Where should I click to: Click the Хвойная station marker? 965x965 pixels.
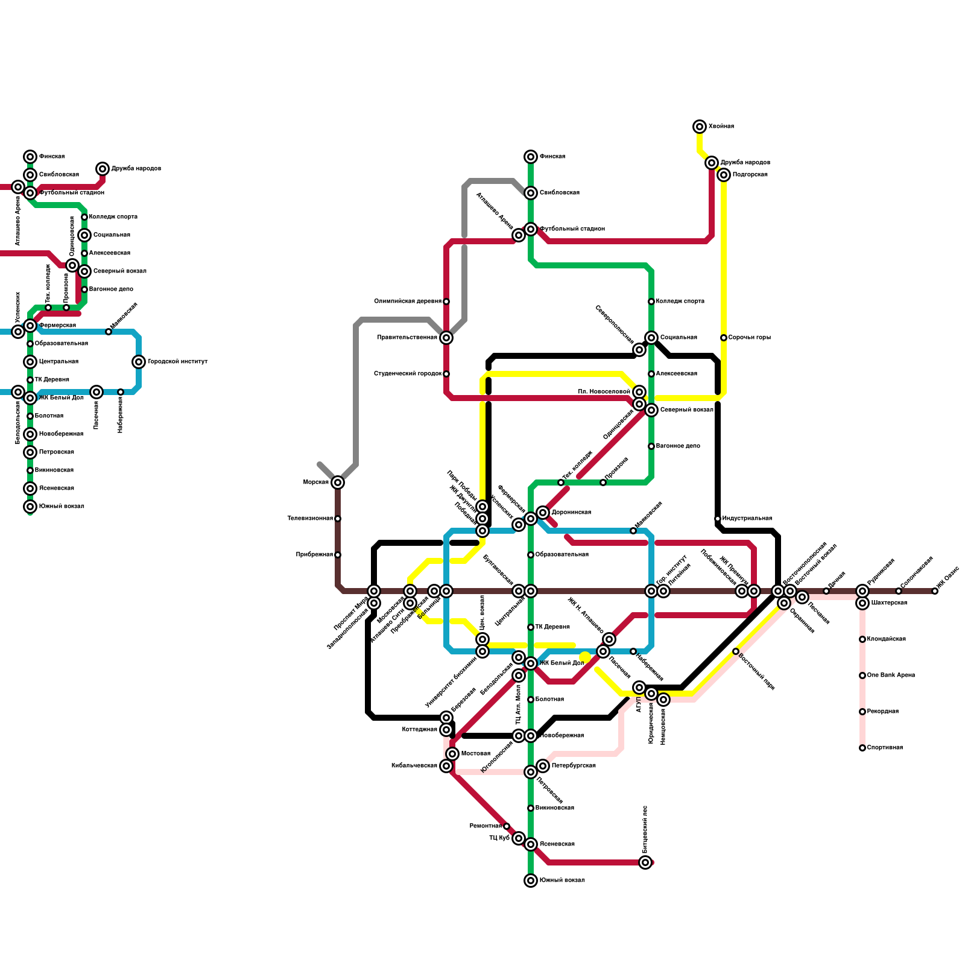pos(700,127)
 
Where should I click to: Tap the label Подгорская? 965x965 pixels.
pos(750,175)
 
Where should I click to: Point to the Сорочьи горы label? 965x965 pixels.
pos(749,338)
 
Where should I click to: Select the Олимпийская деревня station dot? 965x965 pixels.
pos(446,302)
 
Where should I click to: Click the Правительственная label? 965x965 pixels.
pos(407,338)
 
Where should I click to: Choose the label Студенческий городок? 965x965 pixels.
pos(408,374)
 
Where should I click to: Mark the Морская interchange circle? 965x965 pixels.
pos(338,482)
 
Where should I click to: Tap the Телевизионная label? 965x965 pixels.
pos(310,519)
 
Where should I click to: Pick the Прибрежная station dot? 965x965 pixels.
pos(338,555)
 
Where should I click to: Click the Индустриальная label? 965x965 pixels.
pos(747,519)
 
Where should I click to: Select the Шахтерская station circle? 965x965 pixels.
pos(862,603)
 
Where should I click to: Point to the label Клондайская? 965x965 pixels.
pos(886,639)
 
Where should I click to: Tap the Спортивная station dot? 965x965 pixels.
pos(862,748)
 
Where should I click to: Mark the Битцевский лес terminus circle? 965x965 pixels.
pos(645,862)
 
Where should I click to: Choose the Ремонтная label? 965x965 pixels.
pos(486,826)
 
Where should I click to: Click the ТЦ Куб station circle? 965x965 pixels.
pos(519,838)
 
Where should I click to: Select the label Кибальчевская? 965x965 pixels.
pos(414,766)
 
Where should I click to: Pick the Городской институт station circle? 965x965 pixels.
pos(139,362)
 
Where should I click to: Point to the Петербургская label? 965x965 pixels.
pos(573,766)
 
